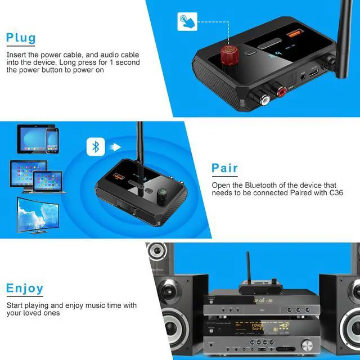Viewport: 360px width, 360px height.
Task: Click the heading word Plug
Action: point(21,38)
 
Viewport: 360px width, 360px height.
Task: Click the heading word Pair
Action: point(224,168)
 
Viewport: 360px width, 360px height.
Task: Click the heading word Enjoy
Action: point(25,289)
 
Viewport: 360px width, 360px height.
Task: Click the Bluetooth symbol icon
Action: point(96,147)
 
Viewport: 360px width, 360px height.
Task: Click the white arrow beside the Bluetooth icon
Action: point(116,147)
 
